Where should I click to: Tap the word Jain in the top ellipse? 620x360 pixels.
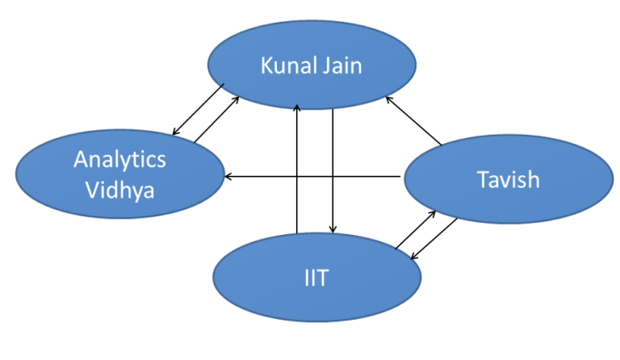[341, 65]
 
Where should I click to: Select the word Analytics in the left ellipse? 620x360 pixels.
[119, 159]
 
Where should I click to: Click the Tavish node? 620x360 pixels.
[508, 179]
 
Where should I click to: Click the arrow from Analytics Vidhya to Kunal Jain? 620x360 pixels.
[216, 121]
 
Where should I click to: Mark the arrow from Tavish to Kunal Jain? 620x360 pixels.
[413, 121]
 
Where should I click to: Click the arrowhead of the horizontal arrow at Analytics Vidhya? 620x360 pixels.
[229, 176]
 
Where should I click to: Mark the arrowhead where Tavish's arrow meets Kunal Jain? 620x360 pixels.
[388, 99]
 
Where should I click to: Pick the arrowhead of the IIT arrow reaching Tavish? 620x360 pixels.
[433, 211]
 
